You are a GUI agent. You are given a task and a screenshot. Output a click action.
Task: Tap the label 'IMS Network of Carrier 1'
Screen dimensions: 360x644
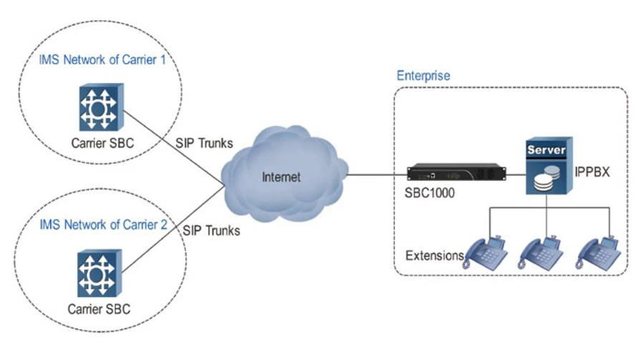[102, 59]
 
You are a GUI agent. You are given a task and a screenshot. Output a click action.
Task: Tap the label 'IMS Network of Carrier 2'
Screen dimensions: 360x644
[102, 225]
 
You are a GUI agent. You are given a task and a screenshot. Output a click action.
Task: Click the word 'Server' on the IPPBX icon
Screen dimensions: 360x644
[547, 151]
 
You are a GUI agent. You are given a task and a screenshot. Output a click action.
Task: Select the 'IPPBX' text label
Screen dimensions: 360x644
[591, 172]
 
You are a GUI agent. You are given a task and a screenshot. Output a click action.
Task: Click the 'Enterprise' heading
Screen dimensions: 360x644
[423, 75]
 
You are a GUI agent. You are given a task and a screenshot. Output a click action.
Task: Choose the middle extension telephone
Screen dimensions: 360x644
[544, 250]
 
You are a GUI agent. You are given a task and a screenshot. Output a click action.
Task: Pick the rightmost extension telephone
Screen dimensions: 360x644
[600, 250]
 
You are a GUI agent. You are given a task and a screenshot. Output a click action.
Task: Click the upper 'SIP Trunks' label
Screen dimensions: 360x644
[205, 143]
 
